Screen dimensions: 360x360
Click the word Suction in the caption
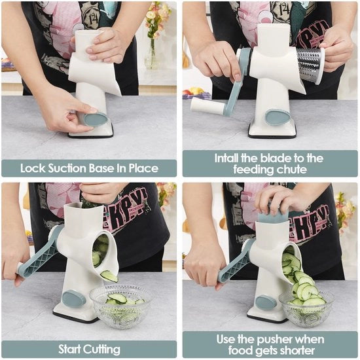point(67,168)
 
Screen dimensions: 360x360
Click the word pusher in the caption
point(274,340)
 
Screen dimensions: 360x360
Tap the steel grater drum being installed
point(310,65)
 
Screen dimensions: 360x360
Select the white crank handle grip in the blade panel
point(207,105)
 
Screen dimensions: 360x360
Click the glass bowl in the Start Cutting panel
point(121,306)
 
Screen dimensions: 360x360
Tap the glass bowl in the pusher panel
point(306,308)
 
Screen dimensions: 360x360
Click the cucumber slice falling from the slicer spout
point(109,276)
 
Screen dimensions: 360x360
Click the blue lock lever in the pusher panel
point(266,303)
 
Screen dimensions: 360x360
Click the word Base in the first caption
point(101,168)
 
